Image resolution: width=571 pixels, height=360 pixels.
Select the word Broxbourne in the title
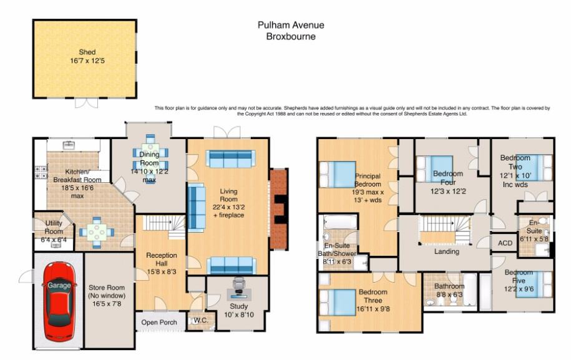coord(290,37)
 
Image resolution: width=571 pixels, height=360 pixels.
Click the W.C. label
coord(200,322)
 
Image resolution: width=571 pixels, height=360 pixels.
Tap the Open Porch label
coord(159,323)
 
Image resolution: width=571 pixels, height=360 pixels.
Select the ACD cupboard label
coord(505,243)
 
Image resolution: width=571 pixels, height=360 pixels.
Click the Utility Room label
coord(49,226)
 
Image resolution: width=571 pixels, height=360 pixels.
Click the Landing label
coord(446,251)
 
